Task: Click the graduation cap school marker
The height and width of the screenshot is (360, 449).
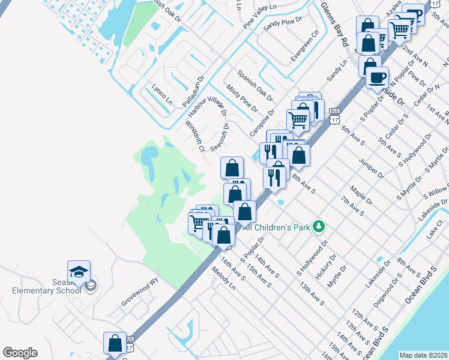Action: pos(79,272)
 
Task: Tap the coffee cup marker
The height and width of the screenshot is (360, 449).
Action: pos(377,78)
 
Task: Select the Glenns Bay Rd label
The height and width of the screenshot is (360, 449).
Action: pos(335,24)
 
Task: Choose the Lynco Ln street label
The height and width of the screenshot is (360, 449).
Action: pos(162,95)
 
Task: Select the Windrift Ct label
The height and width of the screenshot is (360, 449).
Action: pos(195,137)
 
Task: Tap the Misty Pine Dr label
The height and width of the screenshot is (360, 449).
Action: pos(243,99)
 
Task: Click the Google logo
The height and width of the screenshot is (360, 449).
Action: pos(20,353)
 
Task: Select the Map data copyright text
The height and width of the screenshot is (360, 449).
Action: pos(423,355)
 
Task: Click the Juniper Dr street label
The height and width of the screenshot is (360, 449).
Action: pos(372,167)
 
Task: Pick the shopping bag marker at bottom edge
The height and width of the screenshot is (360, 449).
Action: pos(114,344)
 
